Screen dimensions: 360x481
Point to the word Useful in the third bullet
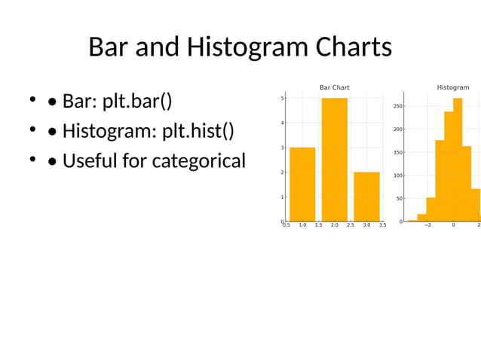[90, 160]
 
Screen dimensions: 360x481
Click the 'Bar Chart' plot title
[334, 87]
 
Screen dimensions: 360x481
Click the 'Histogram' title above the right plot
[452, 87]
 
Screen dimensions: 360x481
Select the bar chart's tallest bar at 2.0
[334, 159]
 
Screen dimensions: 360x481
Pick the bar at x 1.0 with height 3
[302, 184]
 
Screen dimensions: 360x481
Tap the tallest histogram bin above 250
[458, 159]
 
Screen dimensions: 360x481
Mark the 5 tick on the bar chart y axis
[282, 98]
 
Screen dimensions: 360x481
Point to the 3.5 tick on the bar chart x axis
[382, 225]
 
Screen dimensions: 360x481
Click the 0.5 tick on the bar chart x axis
[286, 225]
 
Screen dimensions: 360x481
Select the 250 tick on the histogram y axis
[397, 106]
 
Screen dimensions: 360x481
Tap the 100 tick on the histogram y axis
[397, 175]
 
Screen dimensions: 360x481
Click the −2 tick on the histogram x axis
[427, 225]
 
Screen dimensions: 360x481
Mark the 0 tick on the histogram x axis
[453, 225]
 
